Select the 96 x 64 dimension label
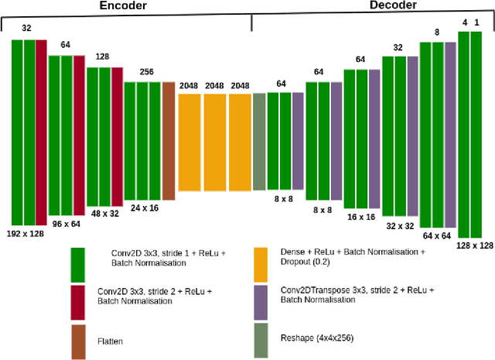tap(67, 223)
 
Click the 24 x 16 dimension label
tap(144, 207)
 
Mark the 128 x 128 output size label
tap(474, 245)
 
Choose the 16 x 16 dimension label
tap(360, 218)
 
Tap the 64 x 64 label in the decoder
tap(437, 235)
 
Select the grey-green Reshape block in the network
tap(259, 141)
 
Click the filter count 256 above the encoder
tap(146, 72)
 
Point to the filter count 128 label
tap(102, 57)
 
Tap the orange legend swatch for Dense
tap(263, 264)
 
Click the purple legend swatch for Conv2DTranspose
tap(263, 303)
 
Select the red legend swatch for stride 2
tap(78, 303)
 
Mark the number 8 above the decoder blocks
tap(437, 33)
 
